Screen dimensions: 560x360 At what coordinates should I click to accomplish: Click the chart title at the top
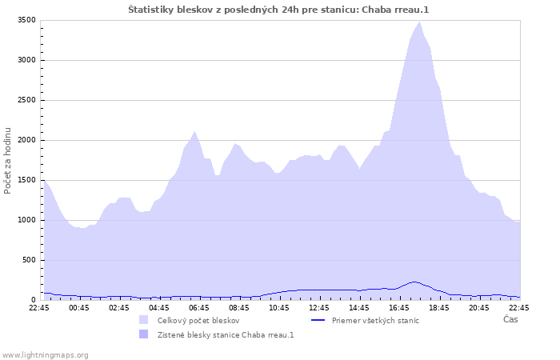[x=278, y=10]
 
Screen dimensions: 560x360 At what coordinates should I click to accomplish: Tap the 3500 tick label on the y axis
[x=26, y=20]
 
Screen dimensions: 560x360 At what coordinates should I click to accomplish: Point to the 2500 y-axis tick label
[x=26, y=100]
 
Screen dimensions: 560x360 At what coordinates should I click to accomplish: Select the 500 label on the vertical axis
[x=29, y=260]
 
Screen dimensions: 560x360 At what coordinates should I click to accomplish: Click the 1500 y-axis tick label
[x=26, y=180]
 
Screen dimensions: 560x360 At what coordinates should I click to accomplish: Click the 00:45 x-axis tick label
[x=79, y=307]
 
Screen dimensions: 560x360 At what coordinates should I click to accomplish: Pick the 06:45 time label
[x=199, y=307]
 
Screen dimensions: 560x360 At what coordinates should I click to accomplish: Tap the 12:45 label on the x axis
[x=319, y=307]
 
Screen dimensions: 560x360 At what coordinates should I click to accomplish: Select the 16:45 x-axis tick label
[x=399, y=307]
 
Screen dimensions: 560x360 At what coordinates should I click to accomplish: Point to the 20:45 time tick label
[x=479, y=307]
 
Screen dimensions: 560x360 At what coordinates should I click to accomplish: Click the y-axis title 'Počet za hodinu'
[x=7, y=161]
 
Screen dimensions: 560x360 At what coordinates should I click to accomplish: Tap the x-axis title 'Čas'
[x=510, y=319]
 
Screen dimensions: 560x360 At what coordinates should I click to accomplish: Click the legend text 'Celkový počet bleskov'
[x=198, y=321]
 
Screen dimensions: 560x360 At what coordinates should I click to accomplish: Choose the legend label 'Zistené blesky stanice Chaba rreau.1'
[x=226, y=335]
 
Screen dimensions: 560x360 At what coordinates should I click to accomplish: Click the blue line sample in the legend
[x=318, y=320]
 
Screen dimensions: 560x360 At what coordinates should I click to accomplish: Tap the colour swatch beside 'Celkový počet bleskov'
[x=143, y=320]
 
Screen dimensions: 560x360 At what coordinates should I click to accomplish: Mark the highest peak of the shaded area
[x=420, y=22]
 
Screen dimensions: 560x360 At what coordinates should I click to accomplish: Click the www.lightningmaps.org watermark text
[x=45, y=355]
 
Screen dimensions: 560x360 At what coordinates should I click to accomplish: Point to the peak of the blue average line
[x=414, y=282]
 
